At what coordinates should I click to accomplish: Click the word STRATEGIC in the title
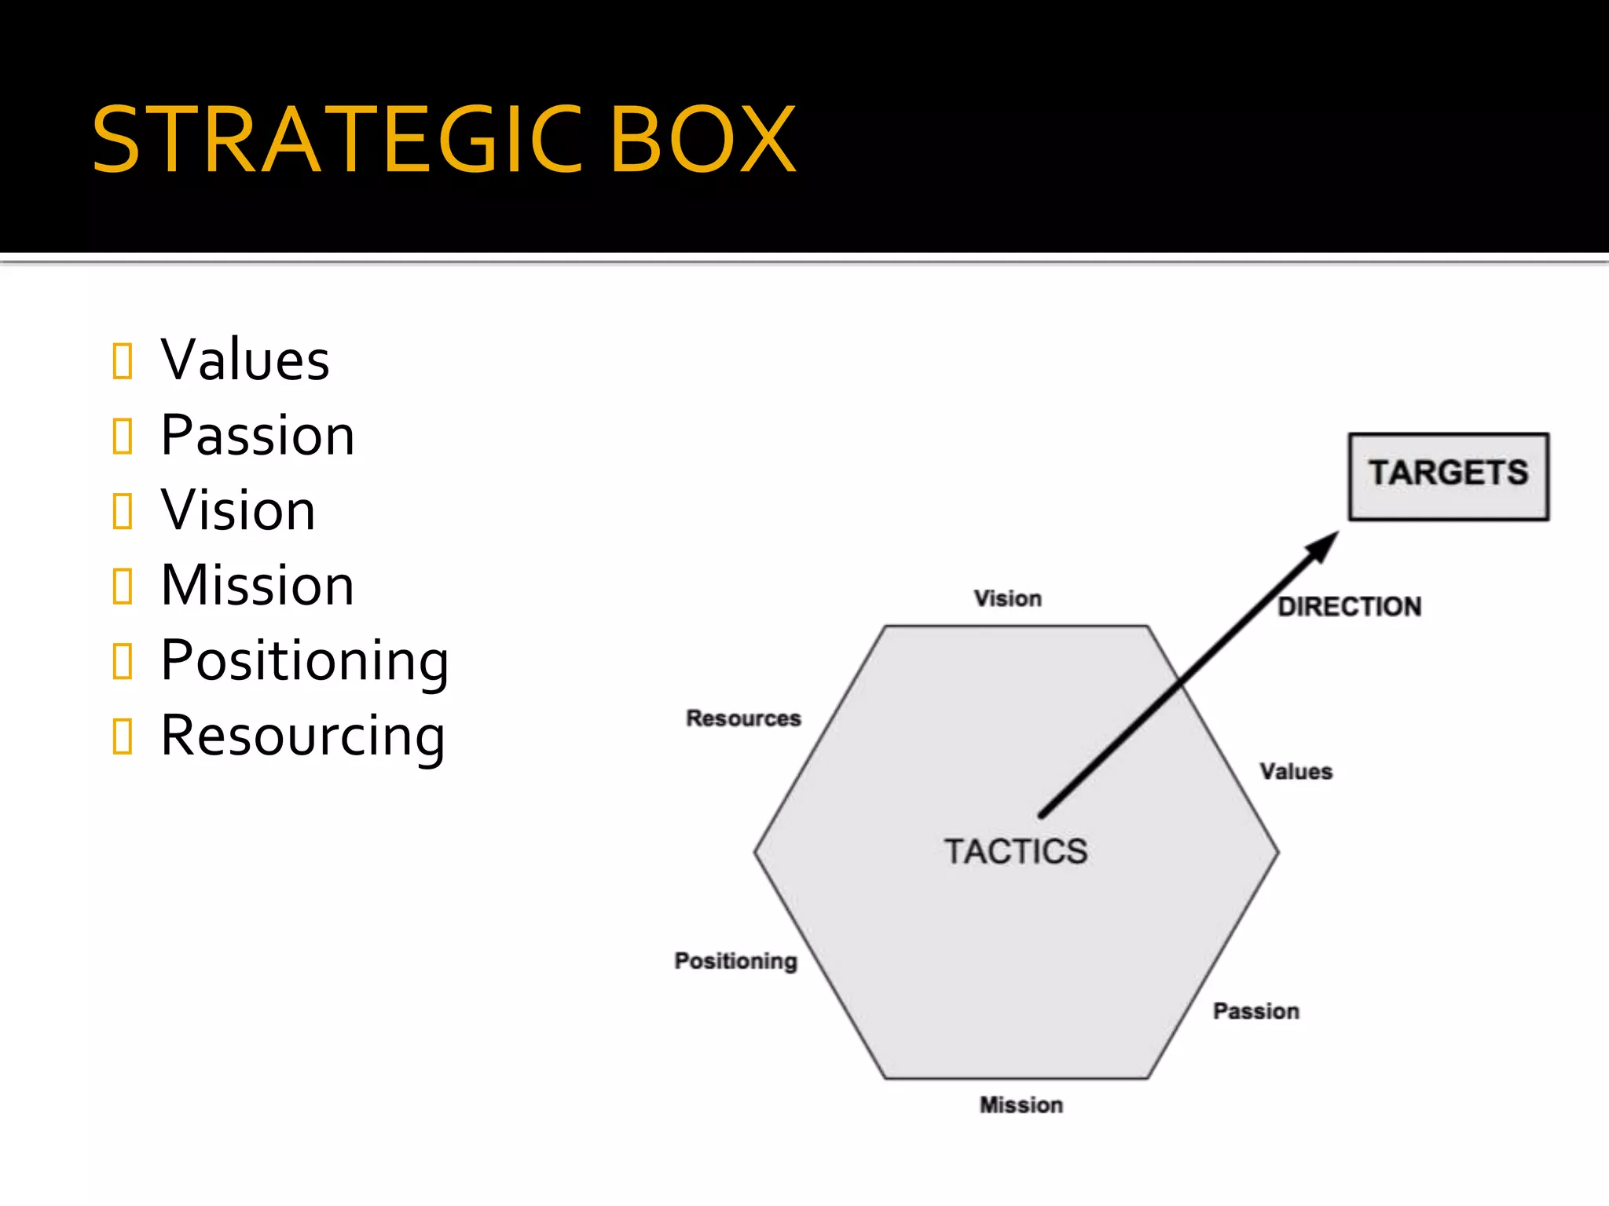coord(338,140)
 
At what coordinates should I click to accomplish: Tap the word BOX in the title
coord(703,140)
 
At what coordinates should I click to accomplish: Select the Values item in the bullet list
coord(245,360)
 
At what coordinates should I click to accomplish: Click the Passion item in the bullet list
coord(258,435)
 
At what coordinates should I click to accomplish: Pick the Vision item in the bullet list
coord(238,510)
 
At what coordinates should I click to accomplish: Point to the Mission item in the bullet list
coord(258,586)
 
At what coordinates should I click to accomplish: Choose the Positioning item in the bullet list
coord(305,661)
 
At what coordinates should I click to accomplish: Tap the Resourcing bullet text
coord(303,736)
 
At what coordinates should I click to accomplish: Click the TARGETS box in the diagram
coord(1448,476)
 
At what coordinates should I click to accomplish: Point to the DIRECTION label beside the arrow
coord(1349,606)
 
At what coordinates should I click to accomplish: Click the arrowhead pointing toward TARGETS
coord(1323,546)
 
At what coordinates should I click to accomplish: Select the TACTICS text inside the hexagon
coord(1016,851)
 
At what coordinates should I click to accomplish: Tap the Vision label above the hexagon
coord(1008,598)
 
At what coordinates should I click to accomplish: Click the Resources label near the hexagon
coord(743,718)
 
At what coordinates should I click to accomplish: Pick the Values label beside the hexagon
coord(1296,771)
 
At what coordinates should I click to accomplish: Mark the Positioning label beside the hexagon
coord(735,960)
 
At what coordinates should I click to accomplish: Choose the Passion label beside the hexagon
coord(1256,1010)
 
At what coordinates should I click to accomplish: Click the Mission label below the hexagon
coord(1021,1105)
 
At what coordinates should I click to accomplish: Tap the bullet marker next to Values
coord(123,361)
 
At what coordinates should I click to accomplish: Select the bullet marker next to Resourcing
coord(123,736)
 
